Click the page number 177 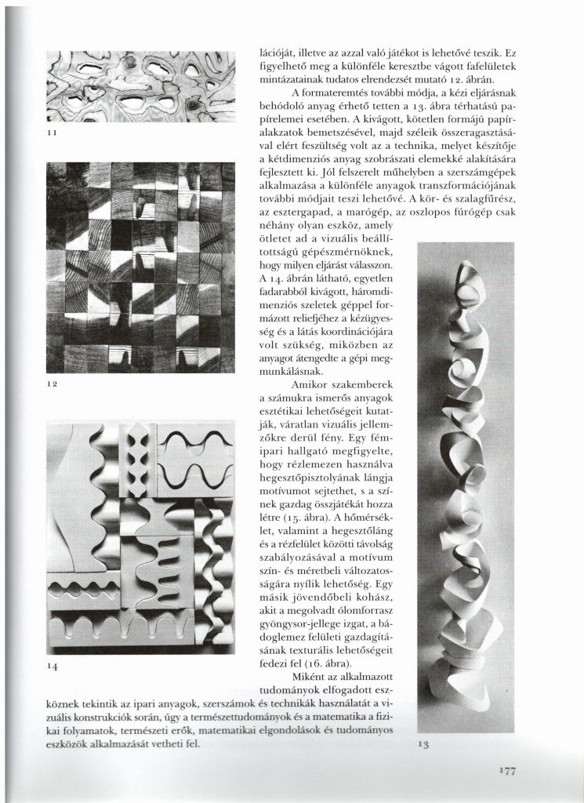(x=506, y=772)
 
